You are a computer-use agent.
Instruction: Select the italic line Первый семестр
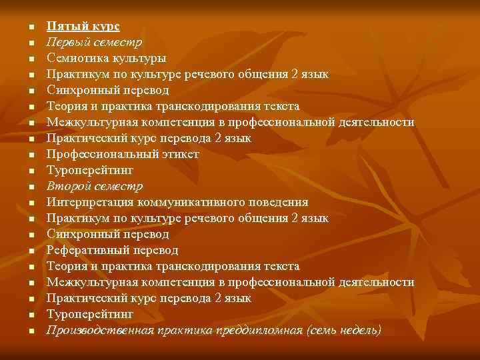pos(94,43)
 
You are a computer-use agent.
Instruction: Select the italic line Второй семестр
pos(94,186)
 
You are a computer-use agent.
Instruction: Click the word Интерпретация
pos(87,202)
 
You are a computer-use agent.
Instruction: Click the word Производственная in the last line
pos(98,330)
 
